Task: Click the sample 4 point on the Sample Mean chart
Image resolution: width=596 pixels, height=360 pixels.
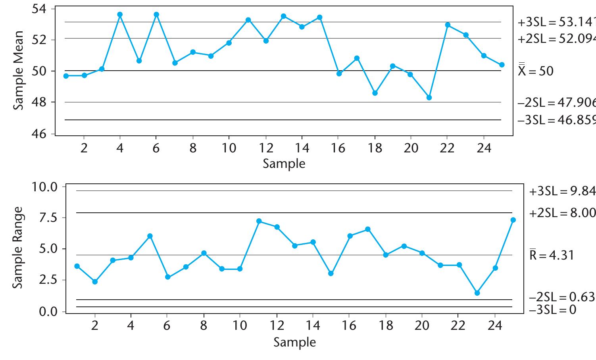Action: pos(120,14)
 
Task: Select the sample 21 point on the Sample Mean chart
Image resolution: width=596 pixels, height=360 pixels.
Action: pos(429,98)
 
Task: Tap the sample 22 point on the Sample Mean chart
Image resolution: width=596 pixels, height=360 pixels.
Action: pos(448,25)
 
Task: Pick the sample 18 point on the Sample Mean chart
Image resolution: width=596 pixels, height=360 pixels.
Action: pos(375,93)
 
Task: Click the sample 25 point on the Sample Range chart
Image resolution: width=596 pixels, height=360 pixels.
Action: pos(513,220)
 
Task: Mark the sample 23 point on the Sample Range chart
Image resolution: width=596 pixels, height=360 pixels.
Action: pos(477,293)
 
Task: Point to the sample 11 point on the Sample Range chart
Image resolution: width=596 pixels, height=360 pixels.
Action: pos(259,221)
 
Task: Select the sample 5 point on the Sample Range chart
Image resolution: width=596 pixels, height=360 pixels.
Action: pos(150,236)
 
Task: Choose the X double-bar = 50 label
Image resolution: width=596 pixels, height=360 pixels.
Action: pos(535,71)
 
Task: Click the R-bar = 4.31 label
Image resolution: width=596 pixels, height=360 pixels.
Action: pos(551,255)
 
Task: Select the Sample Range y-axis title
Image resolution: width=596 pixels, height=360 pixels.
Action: pos(17,248)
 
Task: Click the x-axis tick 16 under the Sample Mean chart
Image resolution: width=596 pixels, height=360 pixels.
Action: pos(338,148)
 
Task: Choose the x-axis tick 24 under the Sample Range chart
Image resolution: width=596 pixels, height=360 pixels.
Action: pos(495,326)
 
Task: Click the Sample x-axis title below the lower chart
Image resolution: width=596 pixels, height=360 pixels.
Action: pos(294,342)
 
